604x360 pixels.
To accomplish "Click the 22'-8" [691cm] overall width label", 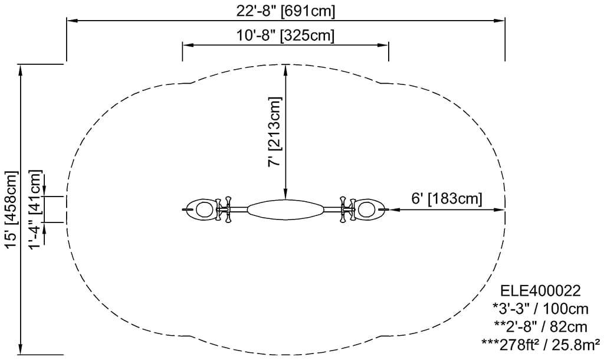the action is pyautogui.click(x=285, y=11).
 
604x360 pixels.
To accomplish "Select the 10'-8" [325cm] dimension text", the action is pyautogui.click(x=285, y=35).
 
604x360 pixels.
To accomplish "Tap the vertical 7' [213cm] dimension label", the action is pyautogui.click(x=275, y=132).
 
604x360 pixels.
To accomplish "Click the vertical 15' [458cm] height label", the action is pyautogui.click(x=11, y=210).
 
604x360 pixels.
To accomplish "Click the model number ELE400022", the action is pyautogui.click(x=540, y=290).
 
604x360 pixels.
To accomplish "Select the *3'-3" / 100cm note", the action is pyautogui.click(x=540, y=309).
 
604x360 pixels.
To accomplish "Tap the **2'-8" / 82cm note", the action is pyautogui.click(x=540, y=327).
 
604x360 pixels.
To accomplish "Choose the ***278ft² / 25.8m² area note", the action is pyautogui.click(x=540, y=344).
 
